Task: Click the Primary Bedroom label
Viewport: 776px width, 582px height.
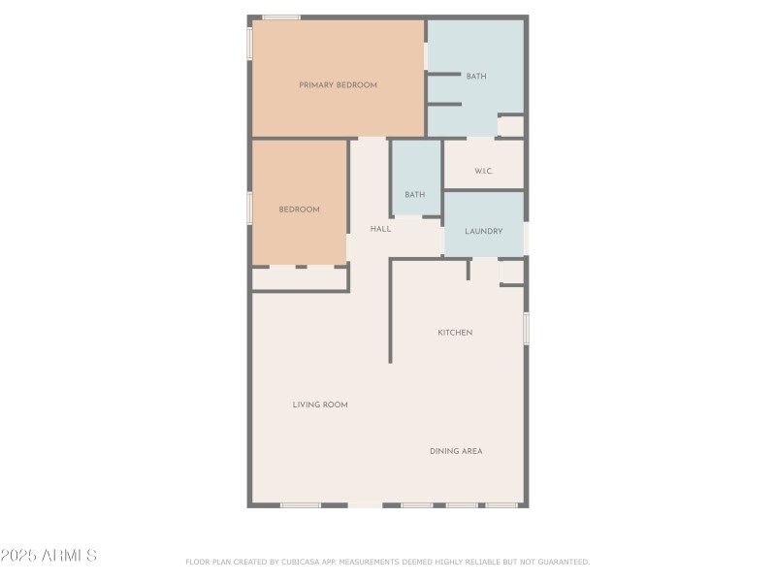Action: [338, 85]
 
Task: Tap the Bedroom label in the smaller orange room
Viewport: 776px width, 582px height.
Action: [299, 210]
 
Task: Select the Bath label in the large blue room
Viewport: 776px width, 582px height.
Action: [476, 76]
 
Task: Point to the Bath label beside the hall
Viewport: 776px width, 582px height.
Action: [415, 195]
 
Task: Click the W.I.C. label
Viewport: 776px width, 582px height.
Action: [484, 172]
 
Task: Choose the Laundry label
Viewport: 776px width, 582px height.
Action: [484, 232]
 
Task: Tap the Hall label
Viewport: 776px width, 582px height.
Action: [380, 229]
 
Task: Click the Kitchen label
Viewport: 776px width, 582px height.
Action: [455, 333]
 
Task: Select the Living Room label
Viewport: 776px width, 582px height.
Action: [320, 404]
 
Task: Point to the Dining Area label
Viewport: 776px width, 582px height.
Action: [456, 451]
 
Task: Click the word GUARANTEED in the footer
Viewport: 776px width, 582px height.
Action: [564, 562]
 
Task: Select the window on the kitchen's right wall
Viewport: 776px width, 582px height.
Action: [526, 328]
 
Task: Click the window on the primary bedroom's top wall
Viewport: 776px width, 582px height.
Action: [281, 16]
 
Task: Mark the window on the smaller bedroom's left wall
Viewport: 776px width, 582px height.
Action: [250, 208]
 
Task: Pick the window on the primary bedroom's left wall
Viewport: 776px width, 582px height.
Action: [250, 43]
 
